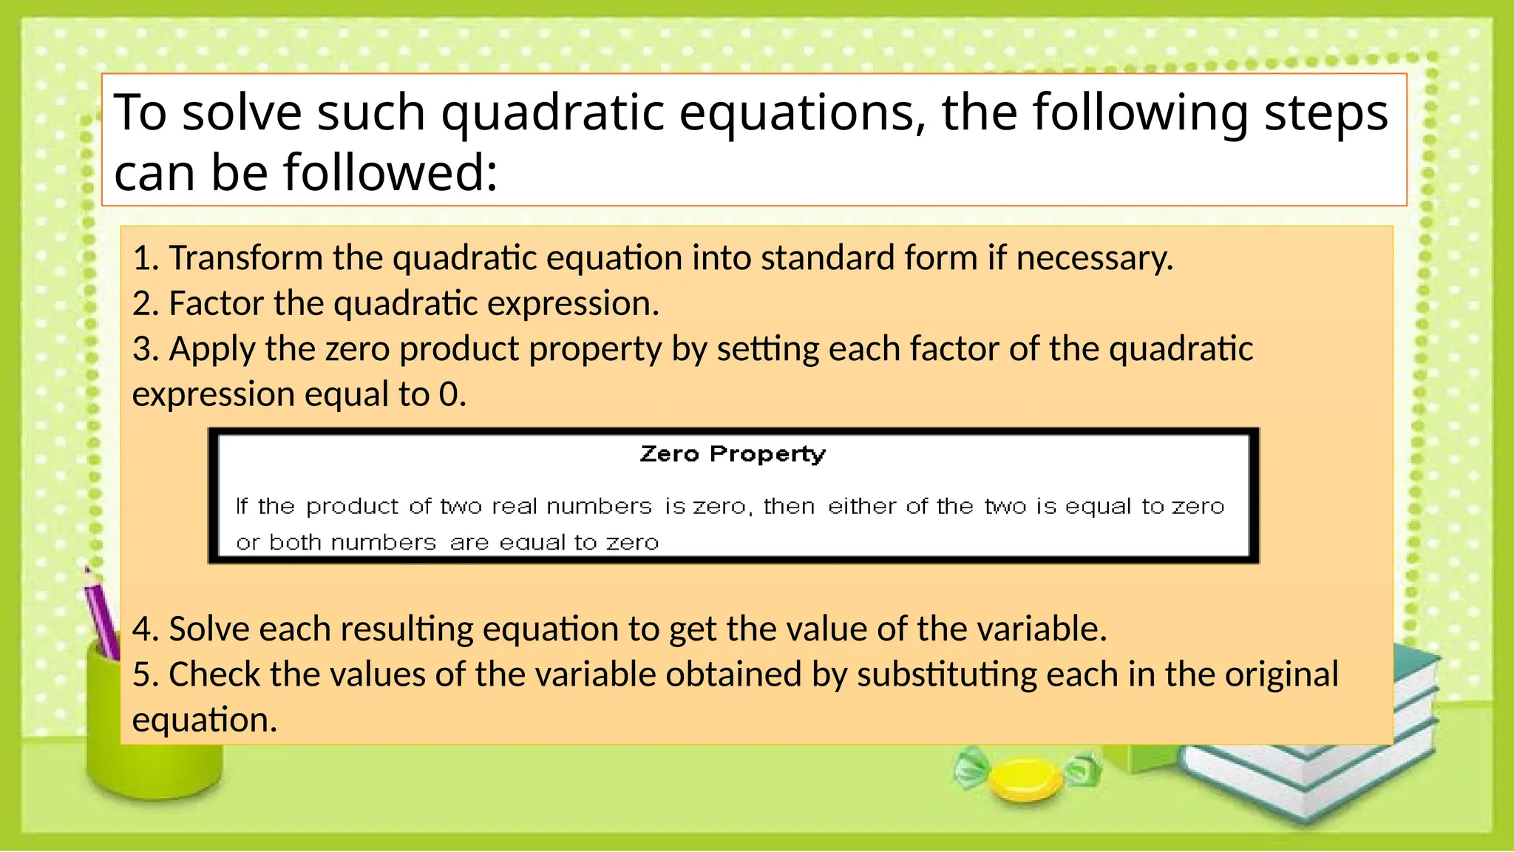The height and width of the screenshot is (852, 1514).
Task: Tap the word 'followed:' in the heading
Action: pos(390,172)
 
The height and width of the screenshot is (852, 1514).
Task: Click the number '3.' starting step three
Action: pos(146,349)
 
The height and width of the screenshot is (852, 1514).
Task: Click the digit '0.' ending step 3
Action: pos(452,395)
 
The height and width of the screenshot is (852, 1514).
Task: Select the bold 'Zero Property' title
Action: pos(732,453)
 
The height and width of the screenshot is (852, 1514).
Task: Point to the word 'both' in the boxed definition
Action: pos(294,543)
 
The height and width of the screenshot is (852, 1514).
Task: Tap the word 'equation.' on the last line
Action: pos(205,720)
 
